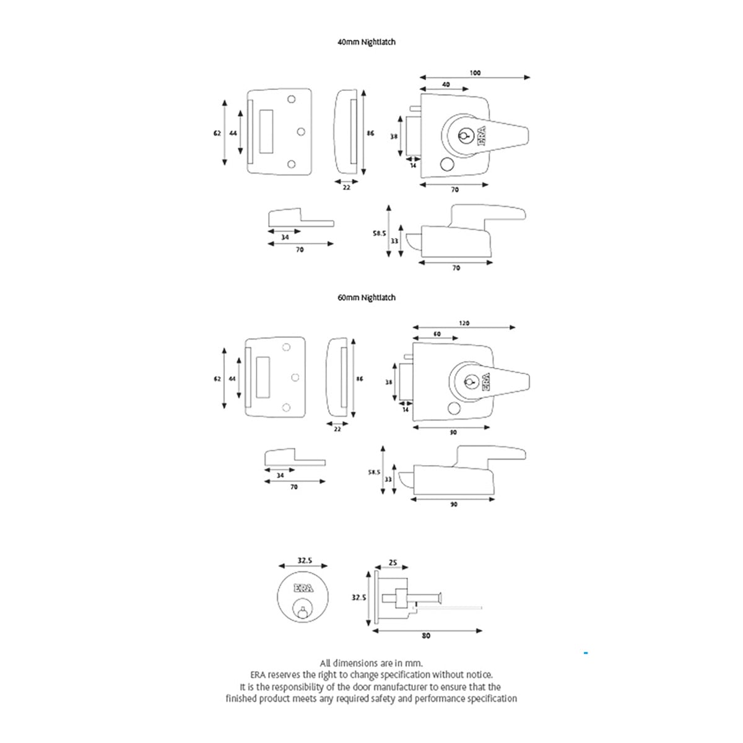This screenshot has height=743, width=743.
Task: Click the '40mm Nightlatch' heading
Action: point(367,42)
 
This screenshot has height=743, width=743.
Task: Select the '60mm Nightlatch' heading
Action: point(367,298)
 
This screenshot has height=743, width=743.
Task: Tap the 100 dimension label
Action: point(475,73)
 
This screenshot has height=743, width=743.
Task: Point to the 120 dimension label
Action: point(464,323)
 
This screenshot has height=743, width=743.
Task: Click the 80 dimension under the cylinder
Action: point(425,635)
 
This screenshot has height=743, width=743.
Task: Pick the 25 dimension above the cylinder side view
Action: point(393,563)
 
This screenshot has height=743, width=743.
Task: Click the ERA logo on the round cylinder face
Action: point(303,588)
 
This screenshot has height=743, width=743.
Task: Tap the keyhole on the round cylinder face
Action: point(303,610)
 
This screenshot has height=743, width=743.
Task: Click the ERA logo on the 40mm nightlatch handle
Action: point(482,136)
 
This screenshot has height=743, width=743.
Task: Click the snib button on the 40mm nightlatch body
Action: point(446,164)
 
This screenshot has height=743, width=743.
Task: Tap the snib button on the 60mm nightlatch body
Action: point(454,408)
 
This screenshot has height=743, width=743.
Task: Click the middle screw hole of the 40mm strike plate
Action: point(301,132)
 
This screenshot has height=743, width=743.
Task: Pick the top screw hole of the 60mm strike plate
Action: point(286,347)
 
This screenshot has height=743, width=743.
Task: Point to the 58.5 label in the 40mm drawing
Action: point(380,233)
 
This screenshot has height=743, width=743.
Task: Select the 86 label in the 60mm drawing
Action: point(359,379)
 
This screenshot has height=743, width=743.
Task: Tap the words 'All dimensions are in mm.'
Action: point(371,664)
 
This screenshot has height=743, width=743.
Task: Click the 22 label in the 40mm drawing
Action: point(346,188)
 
